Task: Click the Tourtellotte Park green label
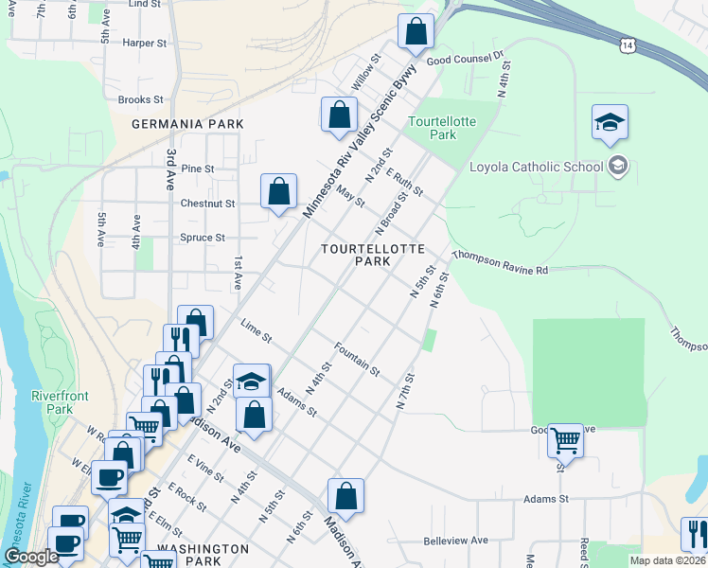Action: click(x=432, y=128)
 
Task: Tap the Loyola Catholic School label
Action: click(x=537, y=168)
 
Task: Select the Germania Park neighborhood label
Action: click(x=187, y=124)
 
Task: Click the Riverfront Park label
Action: click(x=52, y=402)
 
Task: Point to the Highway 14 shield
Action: click(x=627, y=44)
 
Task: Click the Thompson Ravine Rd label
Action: click(x=501, y=263)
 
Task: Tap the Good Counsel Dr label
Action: click(x=465, y=59)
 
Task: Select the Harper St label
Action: click(x=145, y=43)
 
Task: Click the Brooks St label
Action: click(x=141, y=99)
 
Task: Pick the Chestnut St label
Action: click(x=207, y=203)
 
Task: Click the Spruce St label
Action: click(x=203, y=238)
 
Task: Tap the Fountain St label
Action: click(x=357, y=358)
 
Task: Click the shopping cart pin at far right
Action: click(x=565, y=440)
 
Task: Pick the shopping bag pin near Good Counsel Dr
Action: click(x=416, y=31)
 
